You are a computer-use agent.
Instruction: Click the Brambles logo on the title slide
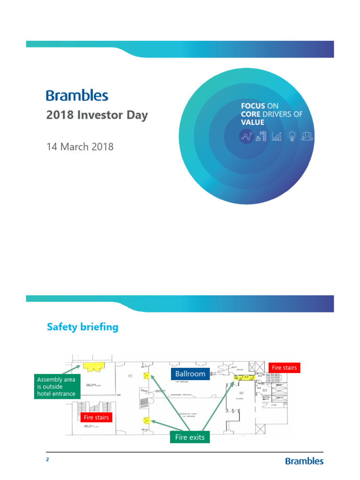[77, 96]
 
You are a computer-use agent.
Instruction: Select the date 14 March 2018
[80, 147]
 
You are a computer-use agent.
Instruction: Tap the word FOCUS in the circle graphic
[253, 106]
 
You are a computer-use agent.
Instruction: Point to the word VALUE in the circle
[253, 122]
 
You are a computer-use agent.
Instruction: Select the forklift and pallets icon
[261, 136]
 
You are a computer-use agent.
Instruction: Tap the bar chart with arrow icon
[277, 136]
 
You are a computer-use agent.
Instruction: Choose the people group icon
[307, 136]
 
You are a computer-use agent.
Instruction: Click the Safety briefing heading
[82, 327]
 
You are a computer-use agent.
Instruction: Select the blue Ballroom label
[190, 374]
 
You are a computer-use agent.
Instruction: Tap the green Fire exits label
[189, 437]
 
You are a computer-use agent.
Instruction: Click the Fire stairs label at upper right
[284, 367]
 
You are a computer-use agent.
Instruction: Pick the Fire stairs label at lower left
[96, 417]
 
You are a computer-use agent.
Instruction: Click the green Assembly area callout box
[56, 386]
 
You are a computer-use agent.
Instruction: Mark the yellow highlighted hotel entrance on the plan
[94, 366]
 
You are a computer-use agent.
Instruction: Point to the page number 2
[47, 459]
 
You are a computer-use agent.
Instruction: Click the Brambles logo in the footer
[304, 461]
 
